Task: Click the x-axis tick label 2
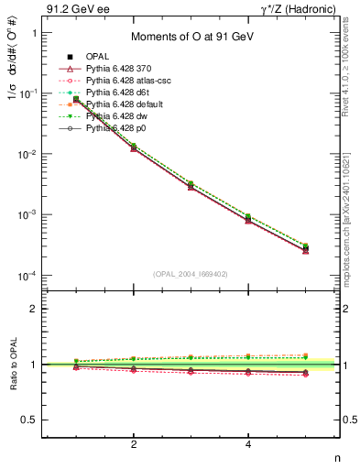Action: pyautogui.click(x=134, y=446)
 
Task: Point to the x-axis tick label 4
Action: pyautogui.click(x=249, y=446)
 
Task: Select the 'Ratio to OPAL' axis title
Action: pyautogui.click(x=13, y=365)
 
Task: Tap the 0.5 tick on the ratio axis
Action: pyautogui.click(x=29, y=420)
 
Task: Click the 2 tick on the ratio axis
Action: pyautogui.click(x=33, y=309)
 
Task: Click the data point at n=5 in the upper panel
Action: pyautogui.click(x=306, y=247)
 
